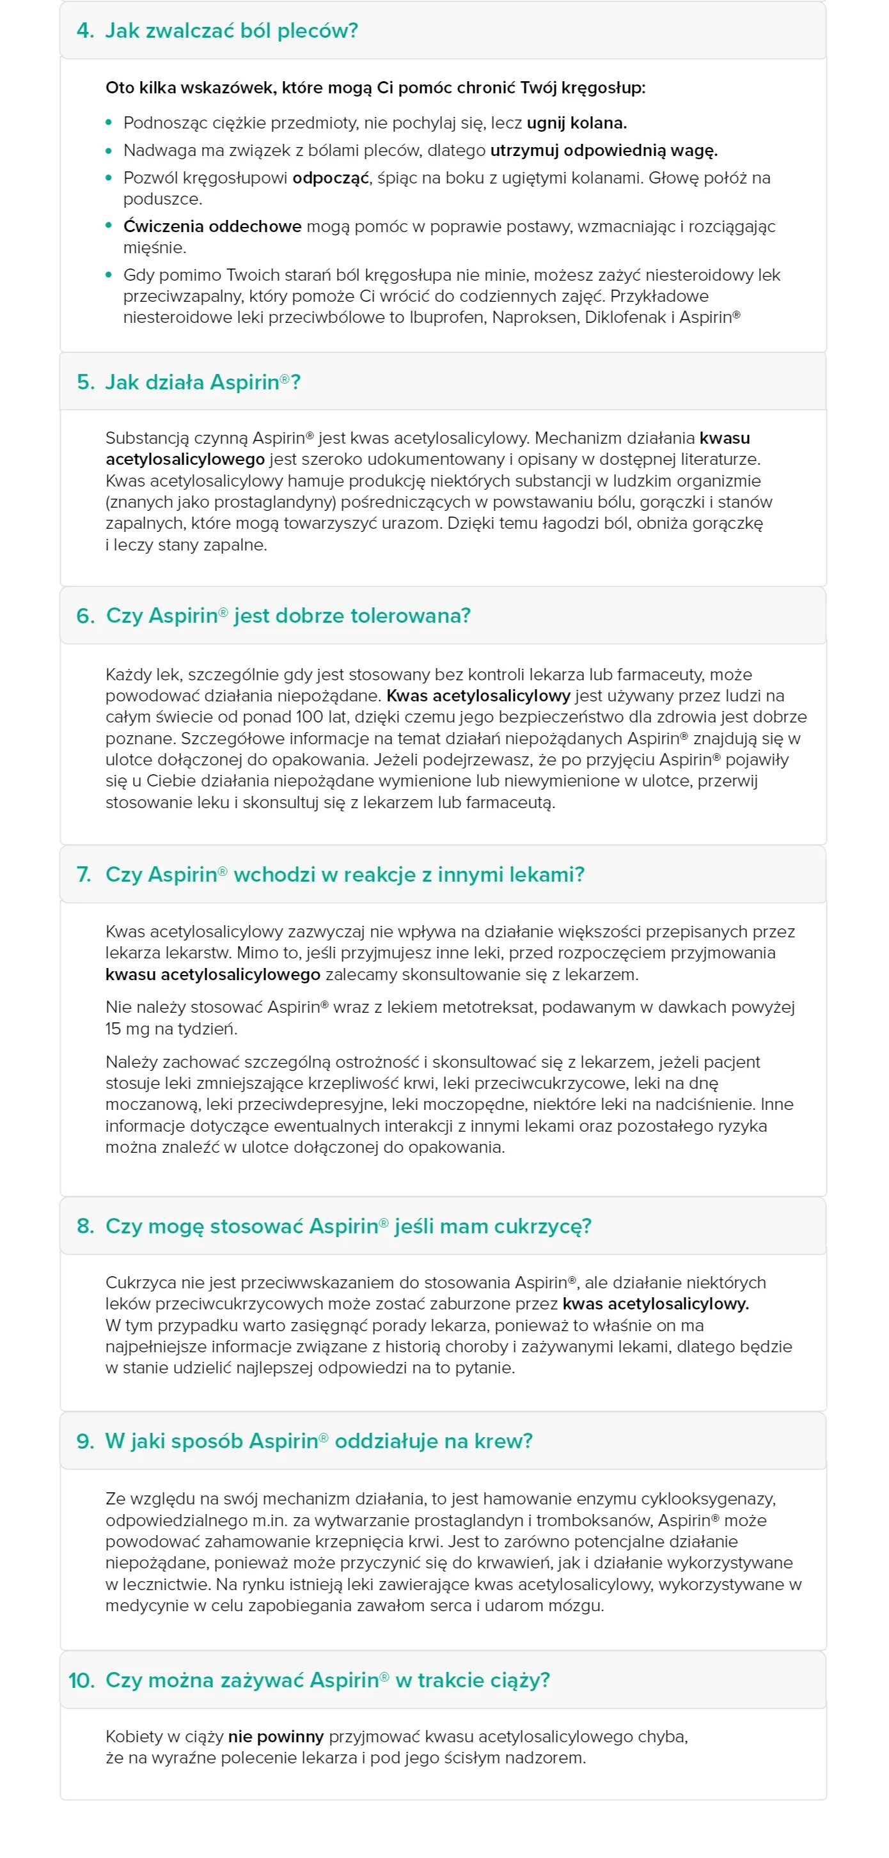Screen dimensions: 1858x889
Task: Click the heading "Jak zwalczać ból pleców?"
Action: (x=231, y=31)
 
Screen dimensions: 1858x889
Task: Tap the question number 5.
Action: (x=85, y=382)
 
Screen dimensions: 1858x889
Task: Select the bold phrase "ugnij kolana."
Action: (x=576, y=123)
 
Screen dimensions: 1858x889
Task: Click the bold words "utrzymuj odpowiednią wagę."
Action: (x=604, y=151)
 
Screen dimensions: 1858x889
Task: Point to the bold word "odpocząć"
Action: (x=331, y=178)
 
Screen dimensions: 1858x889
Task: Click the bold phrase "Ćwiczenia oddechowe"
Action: (x=212, y=226)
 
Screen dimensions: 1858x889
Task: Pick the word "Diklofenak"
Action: (x=621, y=318)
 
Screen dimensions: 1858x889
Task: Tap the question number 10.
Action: (x=81, y=1680)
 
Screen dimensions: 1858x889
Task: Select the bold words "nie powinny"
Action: (x=276, y=1737)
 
